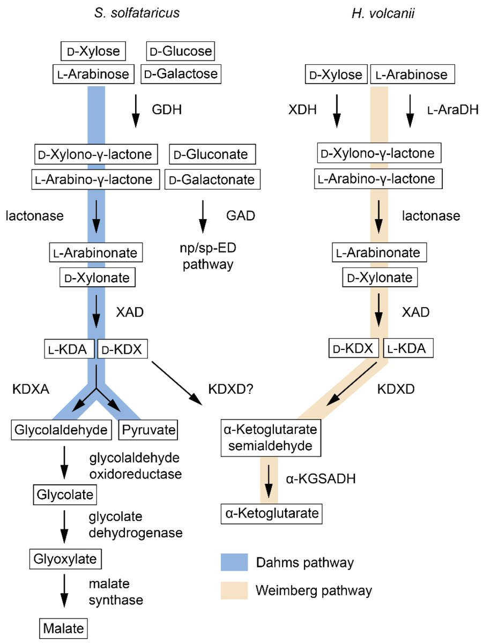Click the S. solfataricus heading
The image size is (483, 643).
(x=133, y=13)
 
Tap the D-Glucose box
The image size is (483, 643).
(x=180, y=52)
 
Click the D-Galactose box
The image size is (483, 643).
(x=180, y=74)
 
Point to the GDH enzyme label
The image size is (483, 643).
(x=167, y=110)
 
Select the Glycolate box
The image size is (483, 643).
(x=65, y=494)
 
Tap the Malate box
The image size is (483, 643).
(x=63, y=626)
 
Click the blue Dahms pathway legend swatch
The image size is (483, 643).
(x=234, y=563)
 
